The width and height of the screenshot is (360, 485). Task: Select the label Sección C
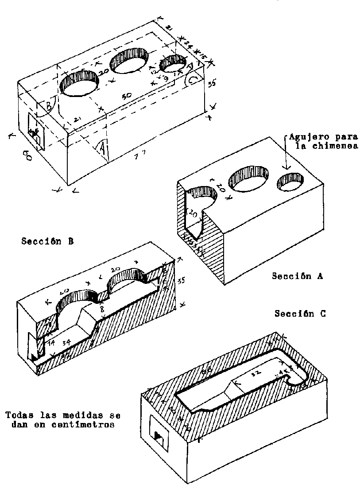(x=300, y=314)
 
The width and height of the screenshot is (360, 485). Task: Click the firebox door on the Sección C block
(x=159, y=434)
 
